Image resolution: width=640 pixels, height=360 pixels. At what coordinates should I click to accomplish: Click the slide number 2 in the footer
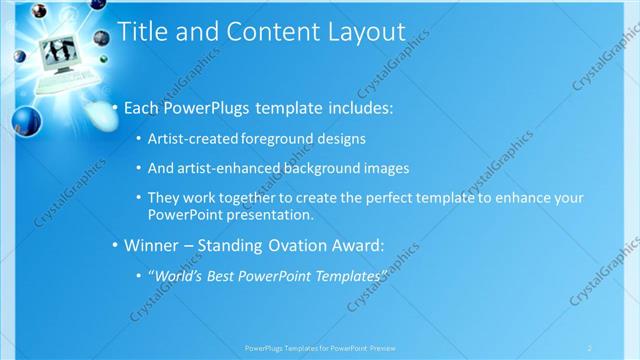(590, 348)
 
